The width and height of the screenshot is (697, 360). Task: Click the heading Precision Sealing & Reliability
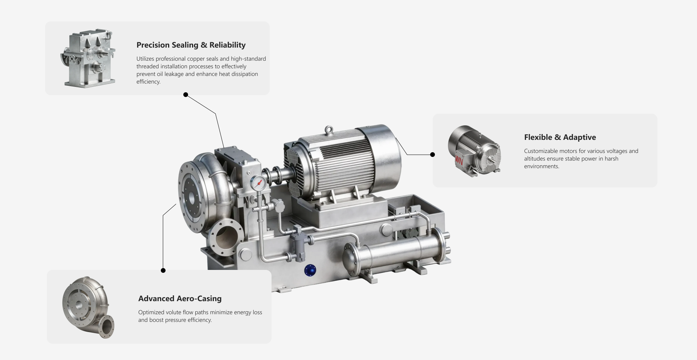191,45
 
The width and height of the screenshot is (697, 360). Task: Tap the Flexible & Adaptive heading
560,137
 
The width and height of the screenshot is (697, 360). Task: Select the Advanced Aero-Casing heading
180,299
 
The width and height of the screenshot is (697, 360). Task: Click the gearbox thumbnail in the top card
88,58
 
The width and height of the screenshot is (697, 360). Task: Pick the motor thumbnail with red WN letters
474,151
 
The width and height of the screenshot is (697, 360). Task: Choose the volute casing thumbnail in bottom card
88,307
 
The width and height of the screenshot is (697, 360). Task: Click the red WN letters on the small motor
459,160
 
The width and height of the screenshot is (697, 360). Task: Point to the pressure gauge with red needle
258,183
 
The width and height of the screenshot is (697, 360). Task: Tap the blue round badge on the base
310,270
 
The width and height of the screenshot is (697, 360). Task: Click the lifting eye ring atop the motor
329,130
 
